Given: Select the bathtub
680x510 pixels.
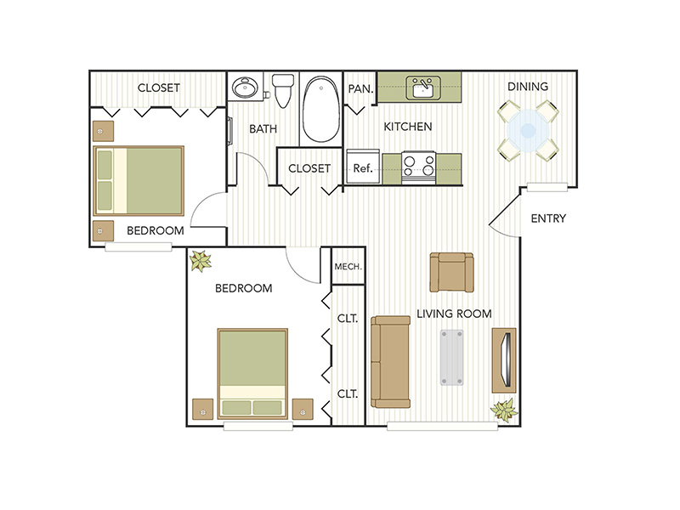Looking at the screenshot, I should click(320, 110).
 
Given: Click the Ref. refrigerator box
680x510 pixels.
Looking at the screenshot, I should click(363, 167).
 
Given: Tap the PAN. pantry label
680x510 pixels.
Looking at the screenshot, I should click(356, 87).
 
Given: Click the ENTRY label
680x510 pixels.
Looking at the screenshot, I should click(548, 218).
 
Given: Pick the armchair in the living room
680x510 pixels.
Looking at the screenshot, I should click(450, 272).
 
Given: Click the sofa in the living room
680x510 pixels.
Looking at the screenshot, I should click(391, 360).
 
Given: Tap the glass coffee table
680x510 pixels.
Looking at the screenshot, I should click(452, 357).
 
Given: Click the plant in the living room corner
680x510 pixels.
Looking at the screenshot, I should click(504, 410).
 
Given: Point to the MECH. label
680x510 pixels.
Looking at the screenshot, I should click(348, 267).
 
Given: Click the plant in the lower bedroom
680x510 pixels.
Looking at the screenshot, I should click(201, 261).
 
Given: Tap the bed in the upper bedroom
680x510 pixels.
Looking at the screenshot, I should click(139, 180).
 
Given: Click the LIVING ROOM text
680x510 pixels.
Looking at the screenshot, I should click(454, 314).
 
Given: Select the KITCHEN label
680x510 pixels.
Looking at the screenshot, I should click(408, 127).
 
